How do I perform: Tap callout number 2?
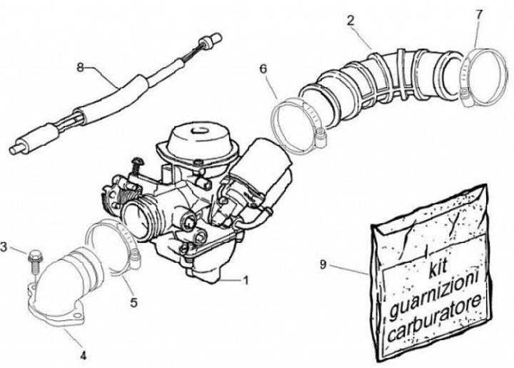click(x=351, y=20)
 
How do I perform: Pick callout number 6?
click(x=263, y=69)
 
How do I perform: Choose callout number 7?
click(x=479, y=14)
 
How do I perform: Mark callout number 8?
click(x=80, y=67)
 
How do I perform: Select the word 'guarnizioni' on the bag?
click(x=437, y=294)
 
